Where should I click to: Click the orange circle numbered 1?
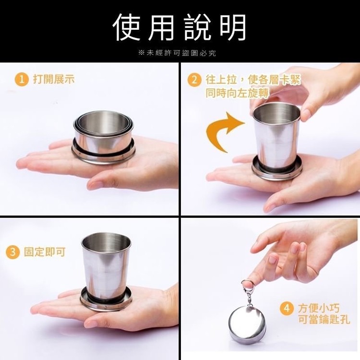coord(22,80)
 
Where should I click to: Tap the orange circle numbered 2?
coord(194,80)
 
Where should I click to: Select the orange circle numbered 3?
coord(12,252)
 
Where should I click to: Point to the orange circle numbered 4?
coord(287,308)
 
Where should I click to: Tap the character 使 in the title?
coord(127,27)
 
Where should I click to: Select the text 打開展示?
coord(54,79)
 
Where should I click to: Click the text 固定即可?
coord(45,252)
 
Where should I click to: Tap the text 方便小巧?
coord(319,308)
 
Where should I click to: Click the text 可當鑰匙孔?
coord(324,319)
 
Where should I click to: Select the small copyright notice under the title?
coord(177,53)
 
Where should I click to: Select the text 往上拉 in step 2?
coord(221,80)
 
